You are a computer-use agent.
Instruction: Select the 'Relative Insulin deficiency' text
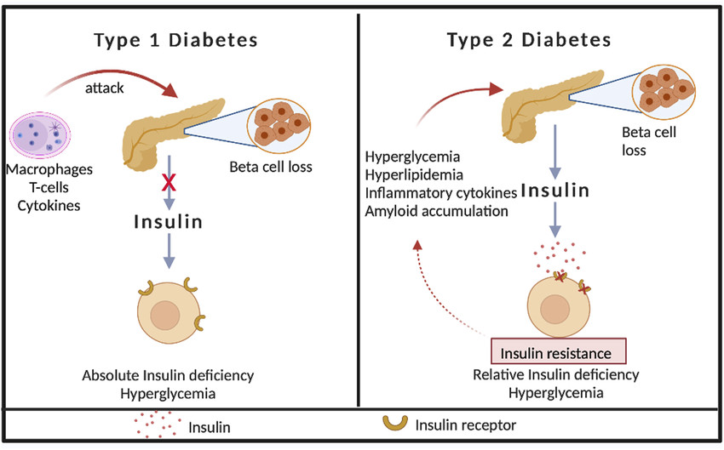(x=555, y=375)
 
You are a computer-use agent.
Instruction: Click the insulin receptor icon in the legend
(x=394, y=423)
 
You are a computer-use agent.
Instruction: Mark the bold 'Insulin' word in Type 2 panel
(x=555, y=191)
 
